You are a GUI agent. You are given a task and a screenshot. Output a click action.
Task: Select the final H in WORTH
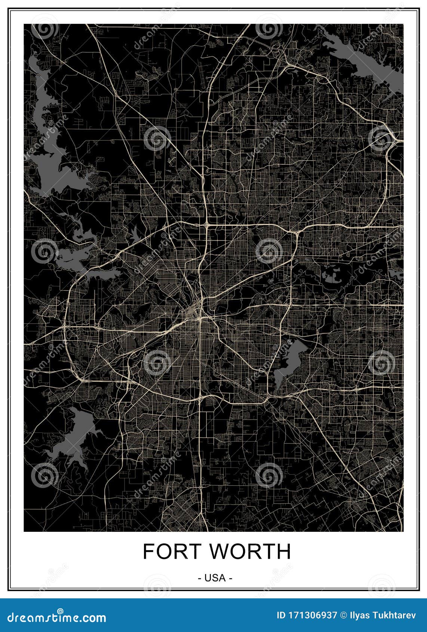[x=283, y=551]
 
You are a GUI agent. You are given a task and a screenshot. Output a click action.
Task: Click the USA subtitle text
[x=215, y=578]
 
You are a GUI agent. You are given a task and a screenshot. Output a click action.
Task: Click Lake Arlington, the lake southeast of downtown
[x=288, y=361]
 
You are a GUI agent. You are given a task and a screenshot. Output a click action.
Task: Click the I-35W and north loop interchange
[x=206, y=225]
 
